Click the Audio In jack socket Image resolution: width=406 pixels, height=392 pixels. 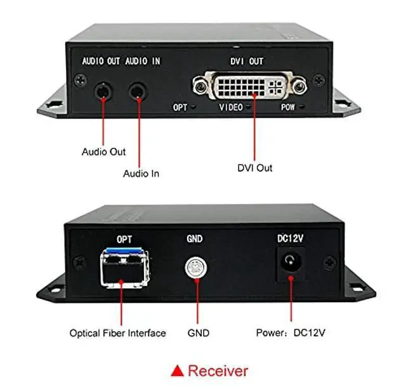[136, 91]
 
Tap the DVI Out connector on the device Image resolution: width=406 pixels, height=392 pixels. [251, 85]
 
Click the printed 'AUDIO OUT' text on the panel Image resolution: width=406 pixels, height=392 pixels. [101, 62]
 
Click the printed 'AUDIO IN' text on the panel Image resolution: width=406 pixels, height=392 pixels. [142, 62]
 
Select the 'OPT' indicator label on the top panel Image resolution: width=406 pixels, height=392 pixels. [180, 108]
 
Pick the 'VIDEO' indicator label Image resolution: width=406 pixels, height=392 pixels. [231, 108]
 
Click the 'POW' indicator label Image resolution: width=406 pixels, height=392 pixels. [288, 108]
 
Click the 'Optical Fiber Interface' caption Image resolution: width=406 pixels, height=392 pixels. [117, 333]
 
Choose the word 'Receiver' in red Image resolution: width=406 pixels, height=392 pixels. [218, 370]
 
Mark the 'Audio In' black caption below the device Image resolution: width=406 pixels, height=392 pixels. [141, 174]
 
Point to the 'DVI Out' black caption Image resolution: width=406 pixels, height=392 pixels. [255, 168]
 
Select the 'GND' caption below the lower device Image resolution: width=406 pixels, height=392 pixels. [198, 333]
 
